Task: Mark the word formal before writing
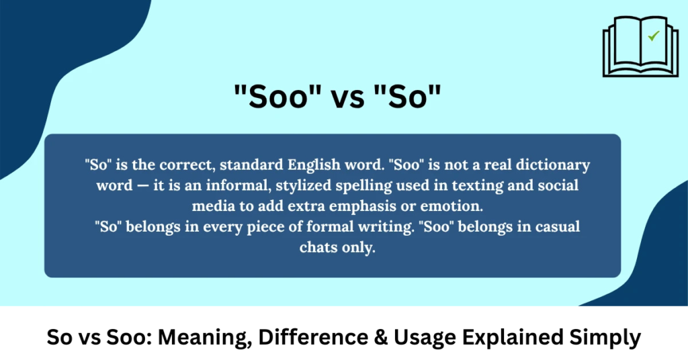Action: tap(380, 227)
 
